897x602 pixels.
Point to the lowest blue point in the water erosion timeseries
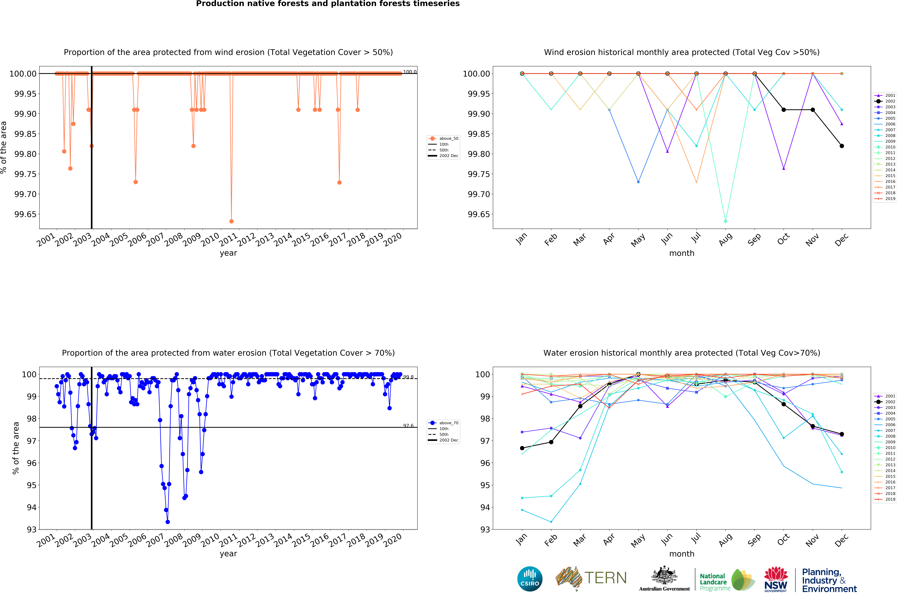click(x=168, y=522)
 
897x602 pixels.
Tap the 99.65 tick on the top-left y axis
click(x=25, y=214)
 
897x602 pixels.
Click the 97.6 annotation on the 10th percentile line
click(x=408, y=425)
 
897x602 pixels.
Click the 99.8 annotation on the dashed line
click(x=408, y=377)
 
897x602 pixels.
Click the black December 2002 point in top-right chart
click(x=842, y=146)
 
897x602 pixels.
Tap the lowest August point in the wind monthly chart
click(x=725, y=221)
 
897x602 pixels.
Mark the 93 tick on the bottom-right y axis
click(x=484, y=529)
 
